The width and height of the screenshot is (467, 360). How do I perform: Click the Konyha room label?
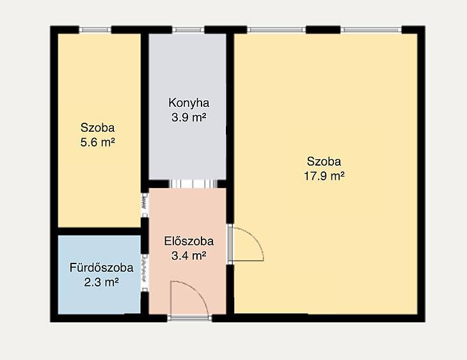click(189, 103)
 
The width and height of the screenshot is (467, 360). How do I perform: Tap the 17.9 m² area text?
click(324, 176)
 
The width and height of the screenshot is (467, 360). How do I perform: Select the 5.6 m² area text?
click(98, 143)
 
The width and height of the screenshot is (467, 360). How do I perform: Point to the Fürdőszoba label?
click(101, 268)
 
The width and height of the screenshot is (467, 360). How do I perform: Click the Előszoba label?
click(189, 241)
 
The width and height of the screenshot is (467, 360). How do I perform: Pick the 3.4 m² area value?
click(189, 256)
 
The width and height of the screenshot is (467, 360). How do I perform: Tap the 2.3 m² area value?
click(101, 282)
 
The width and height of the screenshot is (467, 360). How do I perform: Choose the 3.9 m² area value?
click(189, 117)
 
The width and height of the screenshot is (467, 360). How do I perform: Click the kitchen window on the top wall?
click(188, 29)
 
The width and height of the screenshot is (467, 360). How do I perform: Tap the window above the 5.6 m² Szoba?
click(95, 29)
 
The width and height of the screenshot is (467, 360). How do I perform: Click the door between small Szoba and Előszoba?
click(145, 205)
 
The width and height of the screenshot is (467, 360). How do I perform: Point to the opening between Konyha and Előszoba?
click(193, 184)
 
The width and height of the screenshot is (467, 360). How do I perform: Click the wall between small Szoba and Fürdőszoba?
click(99, 231)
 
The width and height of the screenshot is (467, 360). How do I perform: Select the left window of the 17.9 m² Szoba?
click(276, 29)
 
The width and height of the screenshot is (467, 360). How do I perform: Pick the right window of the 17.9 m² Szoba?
click(371, 29)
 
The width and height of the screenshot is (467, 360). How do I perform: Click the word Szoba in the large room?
click(324, 162)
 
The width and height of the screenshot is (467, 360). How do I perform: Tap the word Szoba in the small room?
click(98, 128)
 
